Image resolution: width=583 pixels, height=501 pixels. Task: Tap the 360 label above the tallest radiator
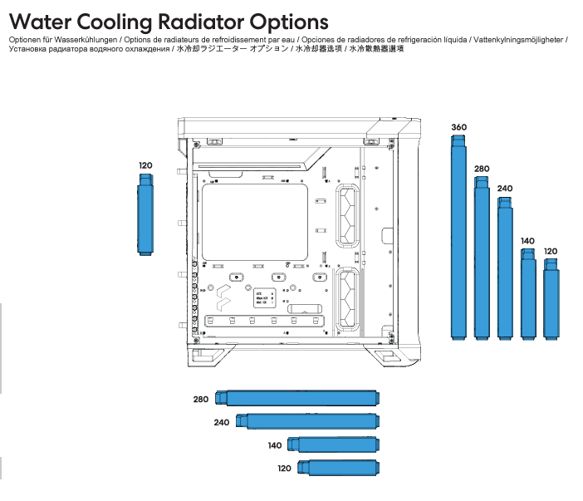coord(458,127)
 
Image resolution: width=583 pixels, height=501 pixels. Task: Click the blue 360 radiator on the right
coord(458,241)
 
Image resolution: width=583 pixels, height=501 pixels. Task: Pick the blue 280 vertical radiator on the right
coord(482,262)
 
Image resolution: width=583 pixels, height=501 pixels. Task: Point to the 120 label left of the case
coord(145,165)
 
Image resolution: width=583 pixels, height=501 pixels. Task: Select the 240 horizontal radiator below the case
coord(311,421)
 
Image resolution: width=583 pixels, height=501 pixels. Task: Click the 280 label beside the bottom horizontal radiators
coord(201,400)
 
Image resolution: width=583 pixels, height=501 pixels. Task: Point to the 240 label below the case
coord(221,423)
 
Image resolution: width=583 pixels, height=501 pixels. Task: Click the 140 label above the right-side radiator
coord(527,241)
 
